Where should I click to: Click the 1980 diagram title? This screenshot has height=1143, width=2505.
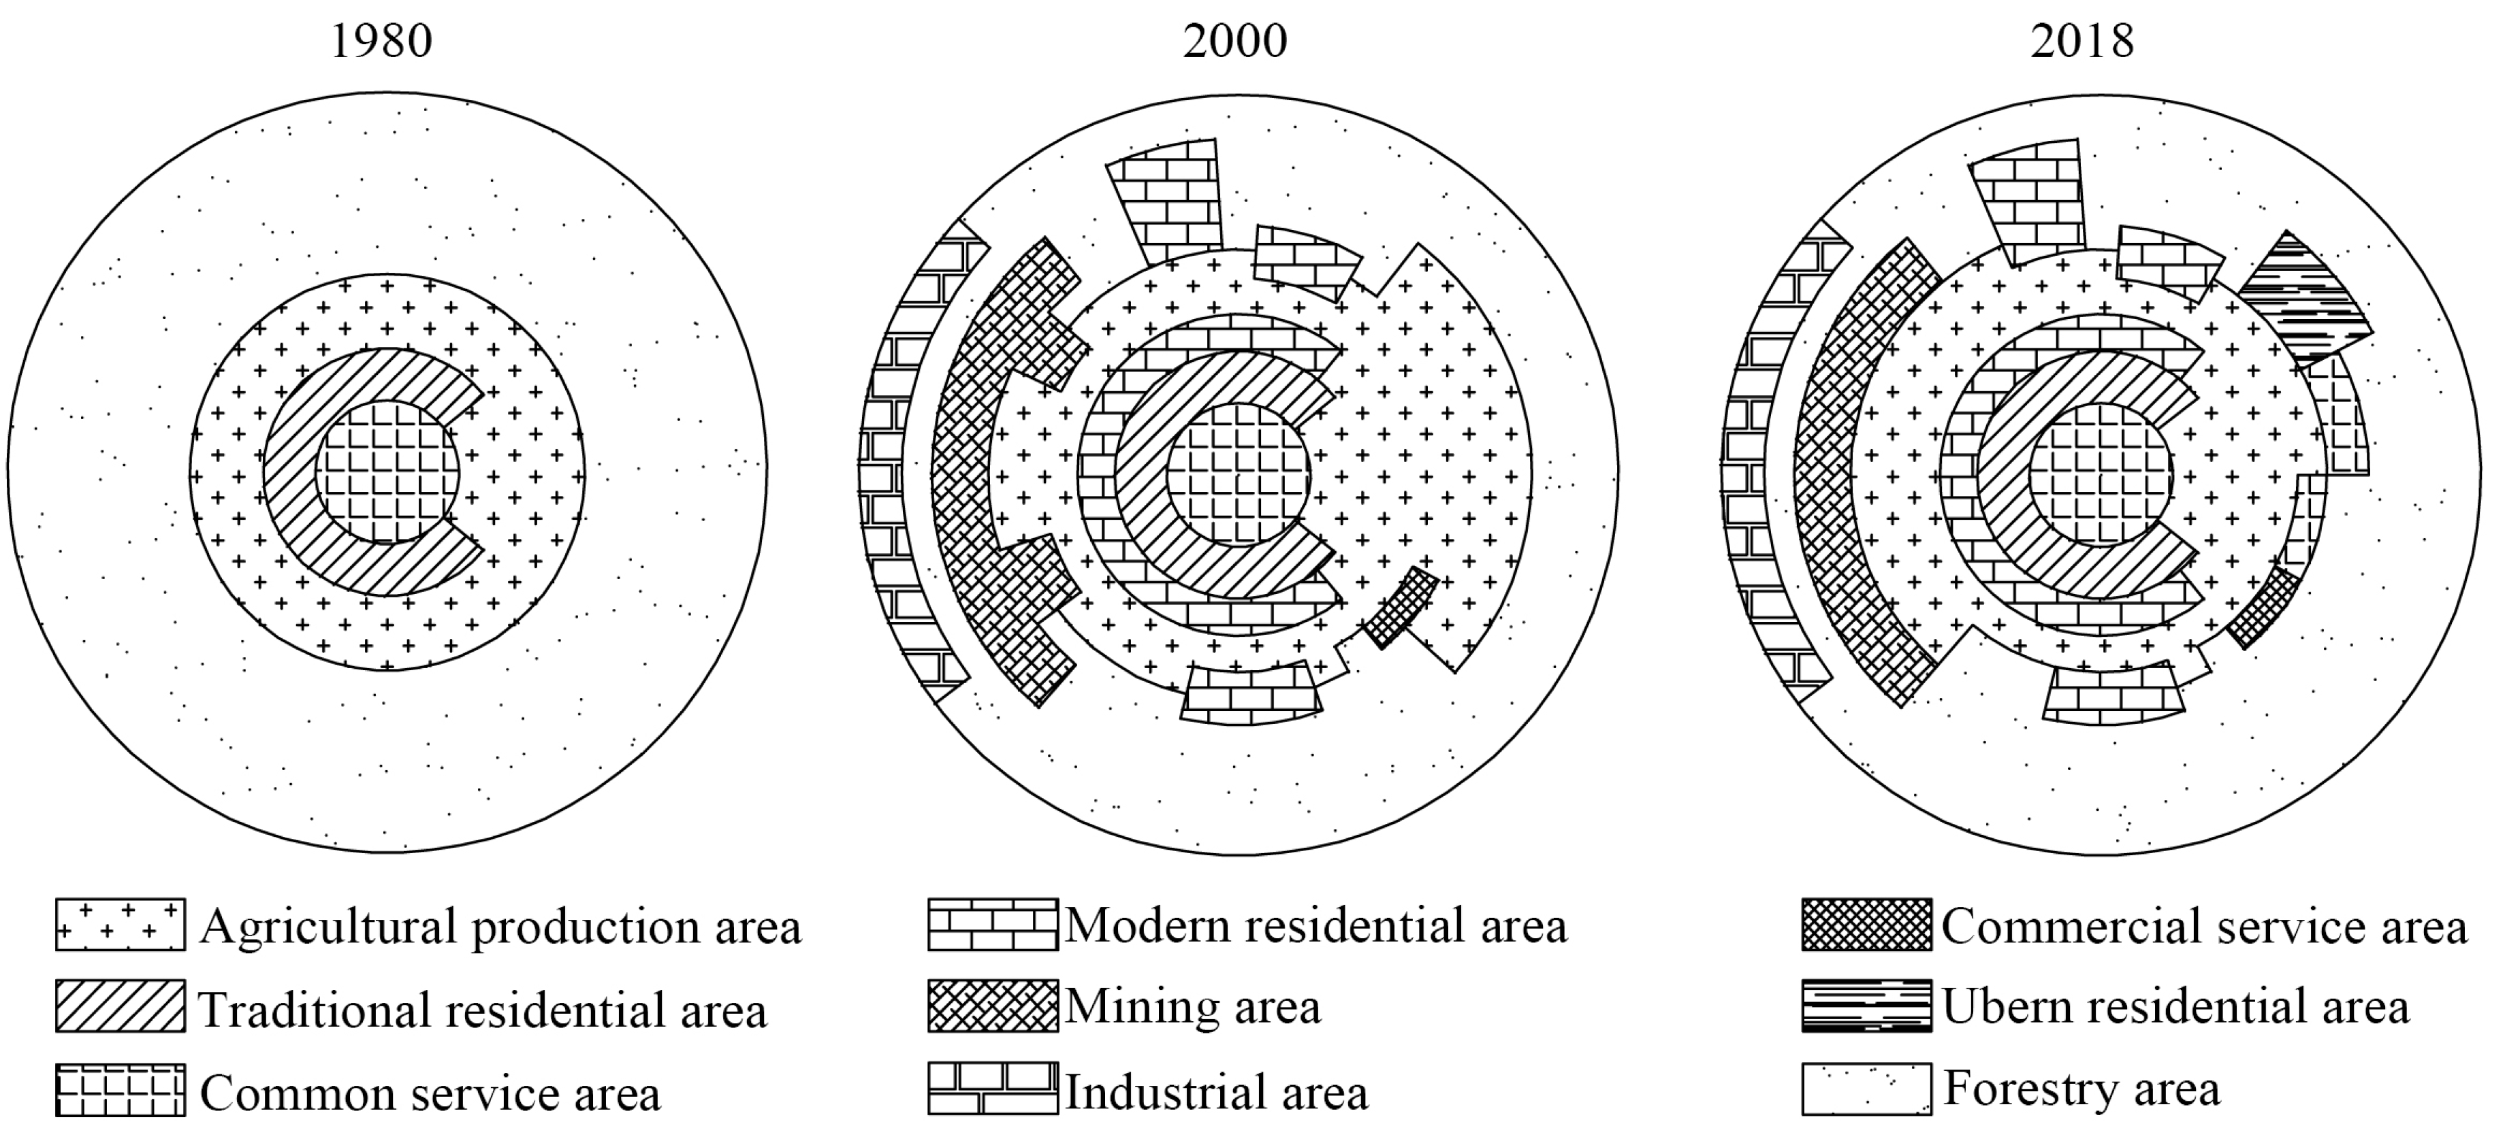[x=381, y=42]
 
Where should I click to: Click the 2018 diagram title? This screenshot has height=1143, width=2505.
[x=2082, y=42]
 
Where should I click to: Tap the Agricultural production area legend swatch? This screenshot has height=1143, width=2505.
[x=120, y=925]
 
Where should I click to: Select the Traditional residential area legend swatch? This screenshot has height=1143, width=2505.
[x=120, y=1007]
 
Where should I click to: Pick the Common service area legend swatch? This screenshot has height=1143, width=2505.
[x=120, y=1089]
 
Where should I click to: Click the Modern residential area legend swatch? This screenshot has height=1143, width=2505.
[x=992, y=925]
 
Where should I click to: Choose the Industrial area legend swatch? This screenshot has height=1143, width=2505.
[x=992, y=1089]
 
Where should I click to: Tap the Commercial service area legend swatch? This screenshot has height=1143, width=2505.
[x=1865, y=925]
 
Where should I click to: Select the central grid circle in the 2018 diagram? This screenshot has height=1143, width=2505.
[x=2101, y=474]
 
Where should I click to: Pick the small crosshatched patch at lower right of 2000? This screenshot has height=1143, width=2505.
[x=1401, y=608]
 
